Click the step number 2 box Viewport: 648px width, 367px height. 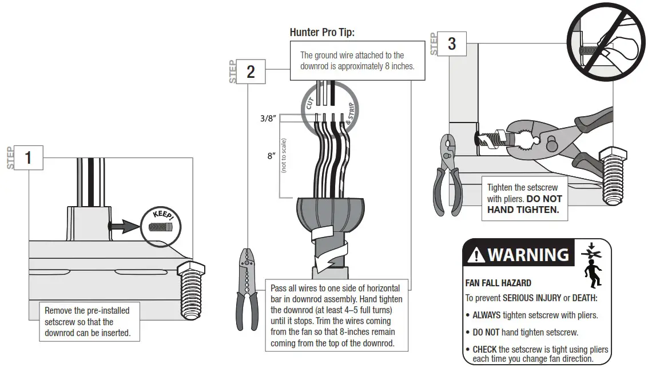251,72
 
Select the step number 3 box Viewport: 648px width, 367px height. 452,44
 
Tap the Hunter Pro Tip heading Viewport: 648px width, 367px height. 322,32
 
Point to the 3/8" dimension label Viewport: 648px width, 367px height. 267,119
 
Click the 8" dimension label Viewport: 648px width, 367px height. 271,156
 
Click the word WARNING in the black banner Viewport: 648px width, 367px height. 528,255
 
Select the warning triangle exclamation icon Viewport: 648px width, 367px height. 476,255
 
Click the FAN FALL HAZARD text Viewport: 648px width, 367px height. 498,283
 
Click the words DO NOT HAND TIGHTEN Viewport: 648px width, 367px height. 524,204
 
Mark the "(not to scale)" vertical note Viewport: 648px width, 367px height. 284,155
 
